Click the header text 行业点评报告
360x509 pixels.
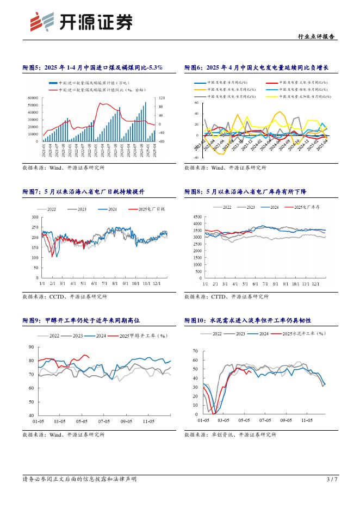click(x=318, y=37)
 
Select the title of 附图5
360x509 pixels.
click(x=92, y=67)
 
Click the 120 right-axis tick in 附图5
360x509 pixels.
click(x=147, y=98)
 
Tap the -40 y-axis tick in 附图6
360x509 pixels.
click(x=196, y=157)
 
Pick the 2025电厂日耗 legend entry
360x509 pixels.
click(x=142, y=209)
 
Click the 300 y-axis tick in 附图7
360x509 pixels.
click(x=34, y=217)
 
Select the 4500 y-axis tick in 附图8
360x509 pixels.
click(x=196, y=217)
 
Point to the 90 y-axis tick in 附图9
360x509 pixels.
click(x=31, y=347)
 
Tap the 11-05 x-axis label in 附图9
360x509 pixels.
click(x=147, y=421)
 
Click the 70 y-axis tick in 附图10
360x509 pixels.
click(x=195, y=352)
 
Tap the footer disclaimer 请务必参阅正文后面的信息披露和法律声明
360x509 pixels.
click(x=79, y=480)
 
